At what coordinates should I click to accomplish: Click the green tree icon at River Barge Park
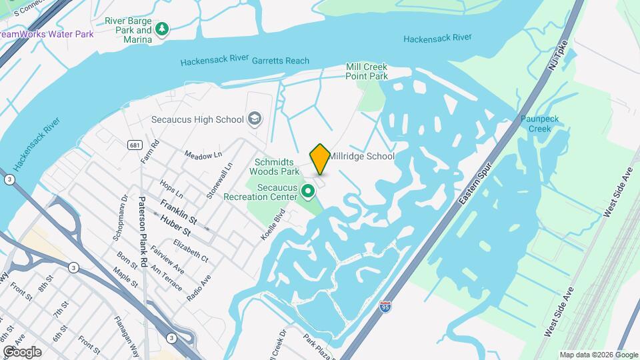click(161, 29)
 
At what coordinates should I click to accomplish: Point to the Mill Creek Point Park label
click(366, 71)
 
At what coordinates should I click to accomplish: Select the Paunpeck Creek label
click(541, 124)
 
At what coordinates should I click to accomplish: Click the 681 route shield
click(135, 145)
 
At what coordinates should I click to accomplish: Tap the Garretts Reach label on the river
click(280, 61)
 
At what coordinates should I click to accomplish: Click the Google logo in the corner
click(21, 351)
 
